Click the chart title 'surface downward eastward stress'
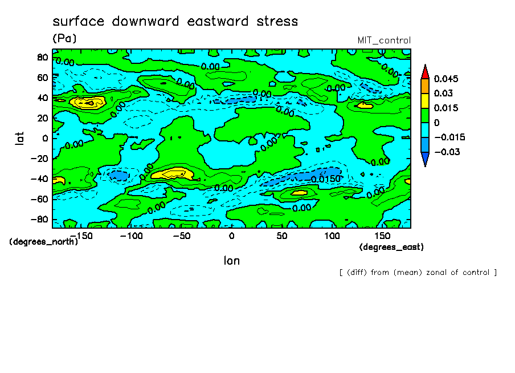175,22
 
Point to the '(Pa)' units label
64,39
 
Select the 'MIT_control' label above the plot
383,40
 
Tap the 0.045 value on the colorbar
446,79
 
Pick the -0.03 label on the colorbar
446,152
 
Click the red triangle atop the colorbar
424,71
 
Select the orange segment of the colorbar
424,86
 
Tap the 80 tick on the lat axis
41,57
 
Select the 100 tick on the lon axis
332,236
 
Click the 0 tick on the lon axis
231,236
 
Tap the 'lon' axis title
231,261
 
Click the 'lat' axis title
19,137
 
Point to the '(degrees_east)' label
391,247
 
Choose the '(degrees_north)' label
44,241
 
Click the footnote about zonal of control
418,273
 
